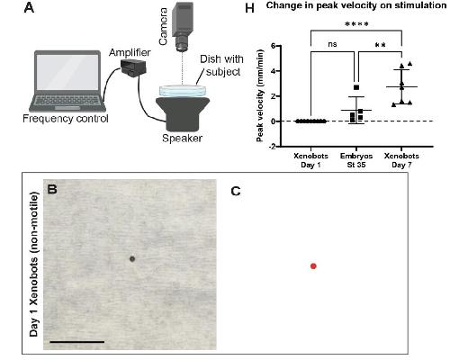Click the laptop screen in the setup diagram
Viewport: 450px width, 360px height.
point(67,72)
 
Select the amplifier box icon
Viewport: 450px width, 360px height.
point(133,67)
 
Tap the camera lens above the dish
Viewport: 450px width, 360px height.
point(183,44)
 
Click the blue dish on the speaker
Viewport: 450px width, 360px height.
point(183,91)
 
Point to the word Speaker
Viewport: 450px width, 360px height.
point(182,139)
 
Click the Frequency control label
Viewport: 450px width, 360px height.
point(66,119)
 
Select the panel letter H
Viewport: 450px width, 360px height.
point(249,8)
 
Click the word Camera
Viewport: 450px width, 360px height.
point(164,27)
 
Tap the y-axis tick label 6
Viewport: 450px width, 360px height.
point(273,46)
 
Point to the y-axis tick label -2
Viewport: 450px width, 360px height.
point(273,147)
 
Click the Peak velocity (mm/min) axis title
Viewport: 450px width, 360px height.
point(260,95)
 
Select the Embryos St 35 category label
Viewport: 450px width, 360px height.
point(356,160)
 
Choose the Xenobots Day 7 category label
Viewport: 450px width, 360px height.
point(401,160)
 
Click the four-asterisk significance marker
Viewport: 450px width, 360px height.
point(356,24)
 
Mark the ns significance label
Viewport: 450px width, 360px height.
point(332,44)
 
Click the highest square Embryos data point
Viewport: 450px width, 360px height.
point(356,87)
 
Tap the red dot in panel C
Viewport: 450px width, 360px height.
point(313,266)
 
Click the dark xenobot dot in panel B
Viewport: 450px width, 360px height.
point(132,258)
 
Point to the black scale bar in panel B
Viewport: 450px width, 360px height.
point(77,341)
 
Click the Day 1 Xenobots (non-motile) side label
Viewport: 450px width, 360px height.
point(34,264)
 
